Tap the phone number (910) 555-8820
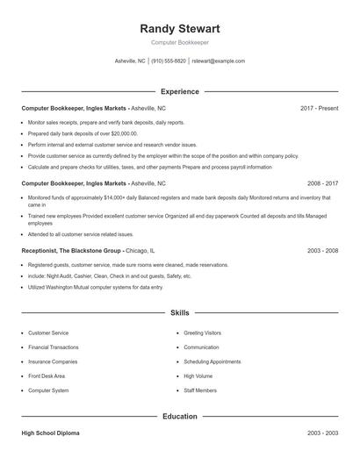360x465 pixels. (169, 61)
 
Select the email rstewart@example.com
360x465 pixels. (218, 61)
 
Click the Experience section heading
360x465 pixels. (179, 91)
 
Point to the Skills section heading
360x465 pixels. (179, 312)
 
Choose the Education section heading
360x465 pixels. (179, 417)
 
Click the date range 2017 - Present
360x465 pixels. (319, 109)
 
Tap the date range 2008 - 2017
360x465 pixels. (322, 184)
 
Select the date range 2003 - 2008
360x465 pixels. (322, 250)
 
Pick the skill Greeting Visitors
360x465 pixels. (202, 333)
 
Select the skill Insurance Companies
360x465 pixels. (53, 361)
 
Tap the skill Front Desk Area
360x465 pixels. (47, 376)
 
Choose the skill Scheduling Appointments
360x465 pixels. (212, 361)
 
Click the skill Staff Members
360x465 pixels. (199, 390)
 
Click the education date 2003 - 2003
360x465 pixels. (322, 433)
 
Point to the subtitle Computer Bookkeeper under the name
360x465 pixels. (179, 42)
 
